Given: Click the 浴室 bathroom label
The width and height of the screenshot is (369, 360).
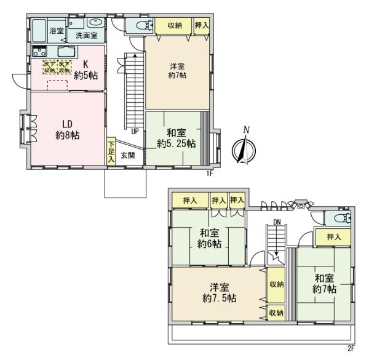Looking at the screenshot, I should (x=57, y=30).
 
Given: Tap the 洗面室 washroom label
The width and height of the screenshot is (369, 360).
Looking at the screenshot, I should (x=86, y=36).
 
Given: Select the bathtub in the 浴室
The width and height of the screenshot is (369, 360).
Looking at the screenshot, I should (x=39, y=28).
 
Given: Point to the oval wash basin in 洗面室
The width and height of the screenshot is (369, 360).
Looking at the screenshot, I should (x=97, y=23).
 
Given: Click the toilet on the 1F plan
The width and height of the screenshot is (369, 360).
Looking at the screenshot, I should (x=138, y=25).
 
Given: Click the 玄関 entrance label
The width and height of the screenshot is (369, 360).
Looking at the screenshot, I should (x=127, y=155).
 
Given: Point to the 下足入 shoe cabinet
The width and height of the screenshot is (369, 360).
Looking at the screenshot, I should (x=111, y=151).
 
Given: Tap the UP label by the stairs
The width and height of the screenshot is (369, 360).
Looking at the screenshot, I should (x=133, y=130).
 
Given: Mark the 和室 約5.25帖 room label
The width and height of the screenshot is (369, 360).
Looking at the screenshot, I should (x=176, y=138).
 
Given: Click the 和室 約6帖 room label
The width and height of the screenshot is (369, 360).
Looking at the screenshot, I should (x=210, y=238).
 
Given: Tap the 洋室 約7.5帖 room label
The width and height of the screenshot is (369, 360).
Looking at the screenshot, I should (x=218, y=293).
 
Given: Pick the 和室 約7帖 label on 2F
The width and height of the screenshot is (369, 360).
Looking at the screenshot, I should (x=325, y=283).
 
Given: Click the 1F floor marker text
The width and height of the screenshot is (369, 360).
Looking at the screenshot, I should (x=210, y=173).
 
